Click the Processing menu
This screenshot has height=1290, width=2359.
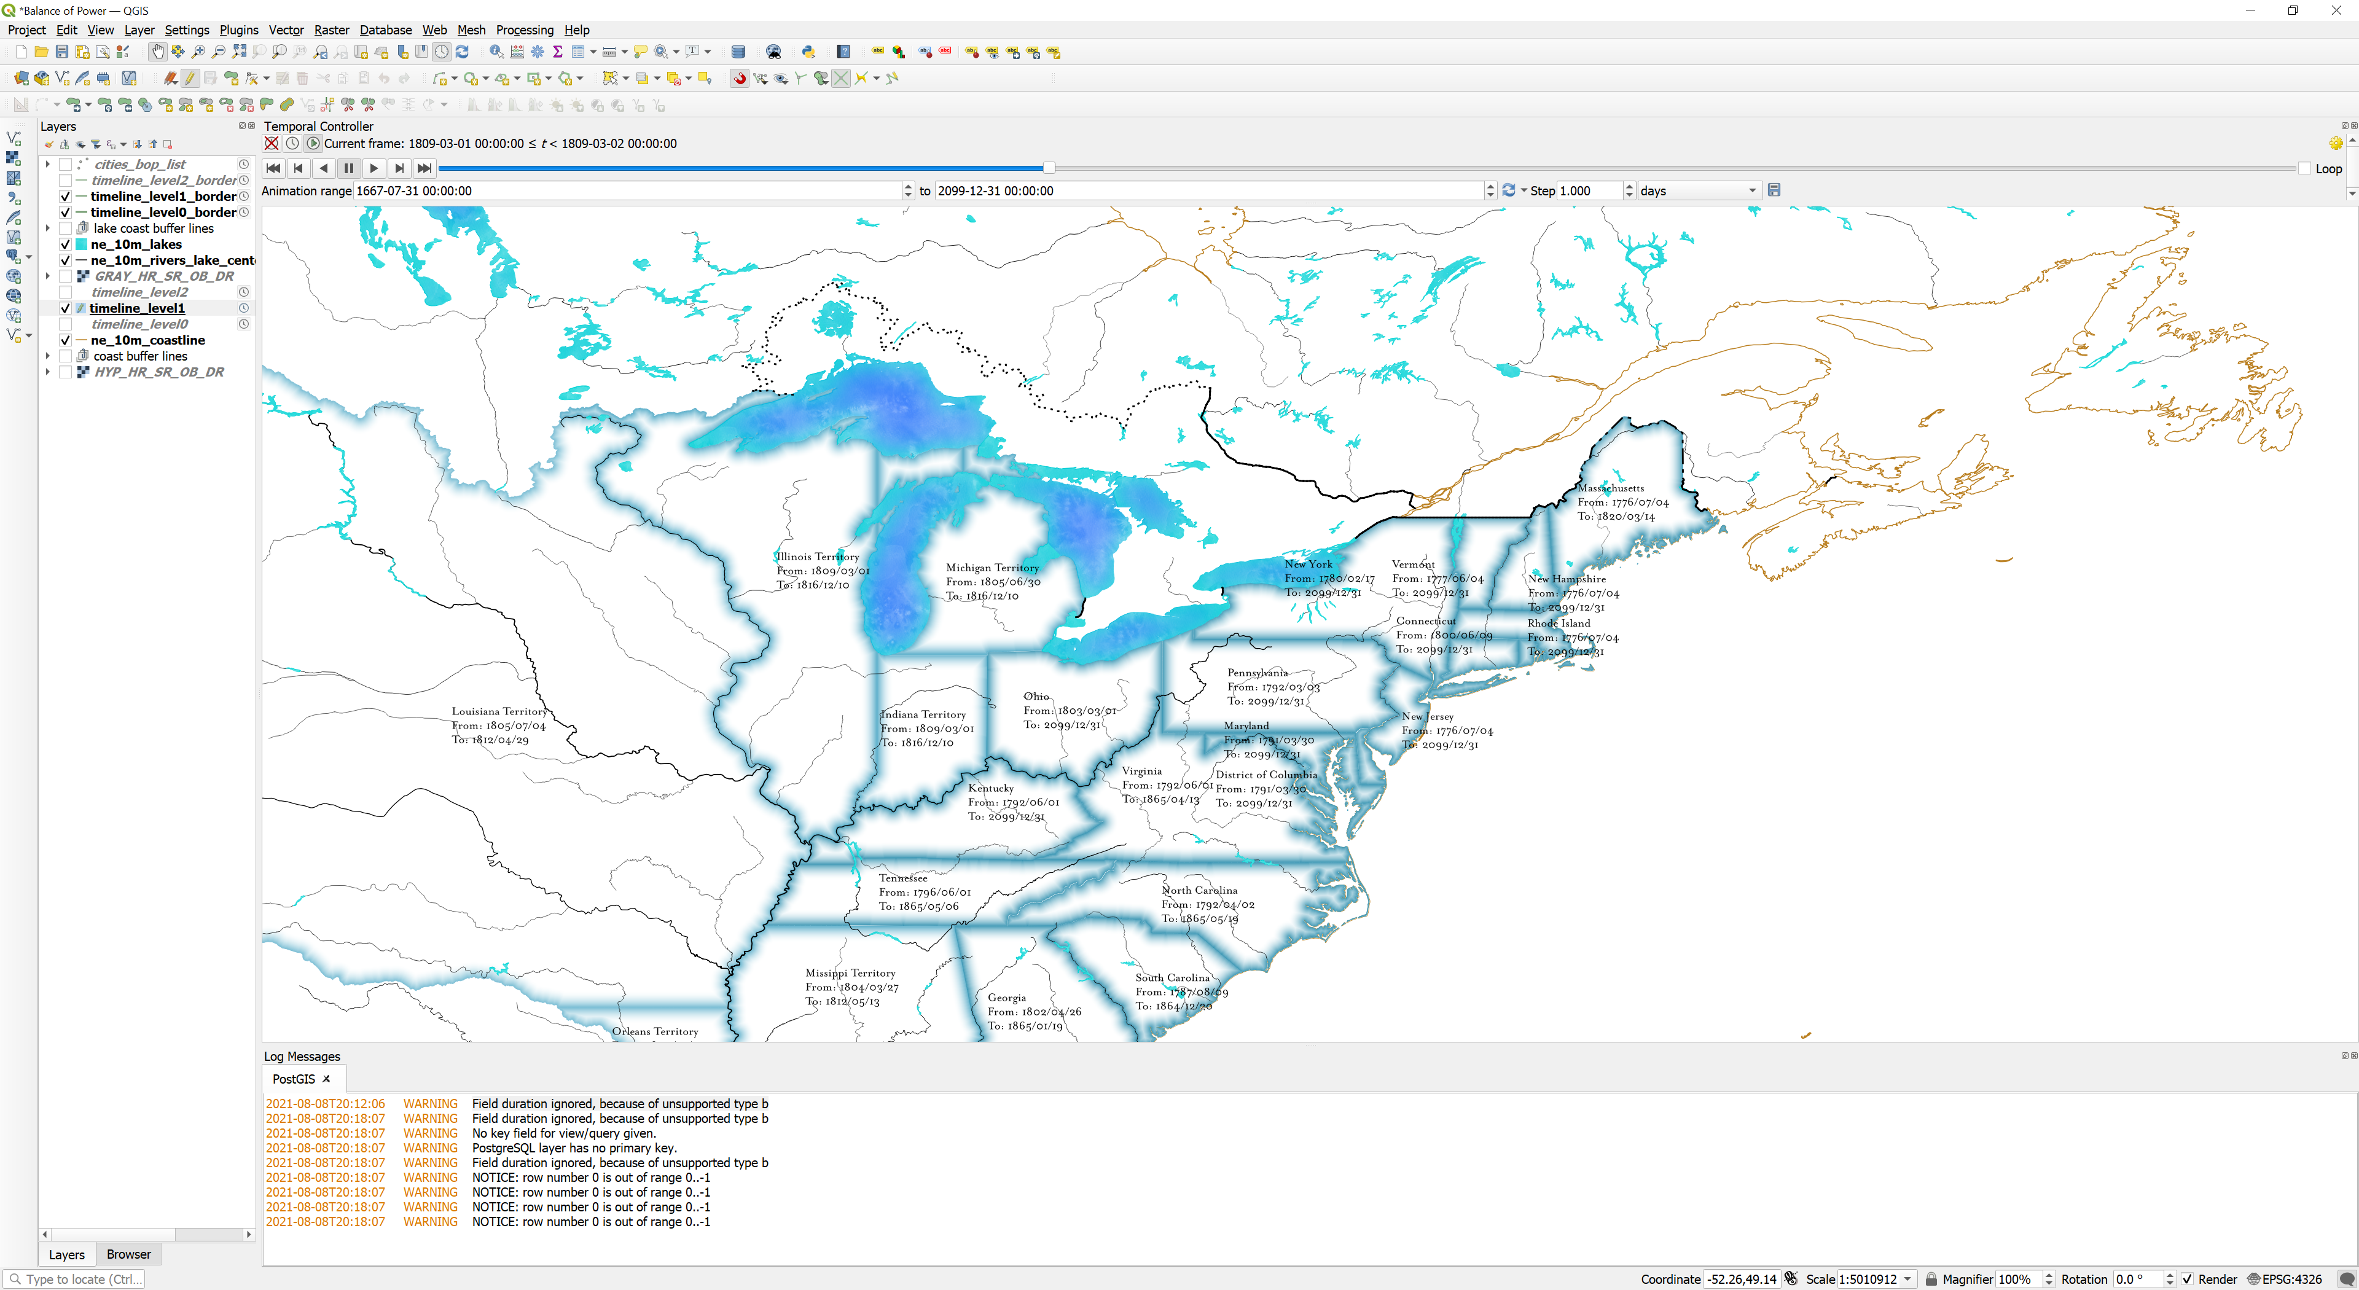(x=524, y=30)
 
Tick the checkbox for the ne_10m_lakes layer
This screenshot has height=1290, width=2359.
(x=66, y=244)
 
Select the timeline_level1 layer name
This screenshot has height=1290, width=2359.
(x=138, y=308)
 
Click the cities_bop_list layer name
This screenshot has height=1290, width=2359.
(x=139, y=165)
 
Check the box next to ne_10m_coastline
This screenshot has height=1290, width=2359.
(x=66, y=340)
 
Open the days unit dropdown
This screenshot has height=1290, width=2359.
(x=1697, y=191)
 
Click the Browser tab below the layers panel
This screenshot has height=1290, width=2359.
(x=128, y=1254)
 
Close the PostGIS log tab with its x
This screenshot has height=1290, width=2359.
(x=326, y=1079)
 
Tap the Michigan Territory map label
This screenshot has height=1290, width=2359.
(x=992, y=568)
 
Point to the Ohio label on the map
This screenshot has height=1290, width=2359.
(x=1036, y=697)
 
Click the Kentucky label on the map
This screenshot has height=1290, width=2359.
(x=991, y=788)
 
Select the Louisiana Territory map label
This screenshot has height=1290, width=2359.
(x=499, y=711)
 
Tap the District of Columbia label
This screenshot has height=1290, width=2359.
(x=1266, y=775)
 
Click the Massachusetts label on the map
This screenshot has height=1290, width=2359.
(x=1610, y=488)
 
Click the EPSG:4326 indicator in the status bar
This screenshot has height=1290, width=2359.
(x=2291, y=1279)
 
